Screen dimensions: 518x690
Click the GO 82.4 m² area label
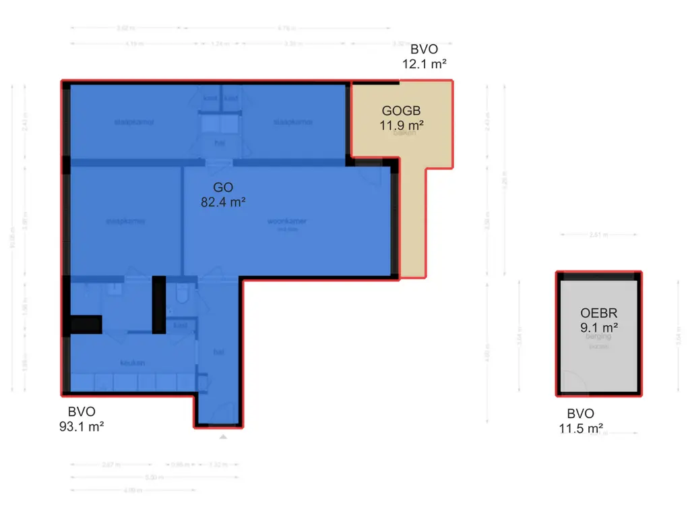[x=222, y=194]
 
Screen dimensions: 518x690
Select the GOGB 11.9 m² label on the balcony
[x=402, y=117]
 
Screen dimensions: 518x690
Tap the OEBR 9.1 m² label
[x=599, y=320]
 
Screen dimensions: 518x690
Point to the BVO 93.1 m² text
[x=82, y=419]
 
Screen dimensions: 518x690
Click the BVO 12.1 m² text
[x=424, y=57]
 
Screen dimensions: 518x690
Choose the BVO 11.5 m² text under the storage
[x=581, y=421]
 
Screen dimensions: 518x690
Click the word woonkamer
[x=288, y=221]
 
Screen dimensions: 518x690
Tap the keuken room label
[x=133, y=363]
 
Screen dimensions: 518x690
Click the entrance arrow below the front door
[x=223, y=438]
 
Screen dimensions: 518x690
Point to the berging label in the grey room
[x=598, y=336]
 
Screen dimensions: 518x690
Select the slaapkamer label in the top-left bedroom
[x=134, y=123]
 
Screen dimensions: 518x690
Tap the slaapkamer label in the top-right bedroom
[x=292, y=123]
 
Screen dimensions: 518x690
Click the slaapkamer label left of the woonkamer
[x=125, y=221]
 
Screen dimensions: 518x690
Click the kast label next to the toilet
[x=180, y=326]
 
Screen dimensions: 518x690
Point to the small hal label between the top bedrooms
[x=220, y=143]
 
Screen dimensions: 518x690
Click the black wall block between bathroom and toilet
[x=158, y=305]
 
